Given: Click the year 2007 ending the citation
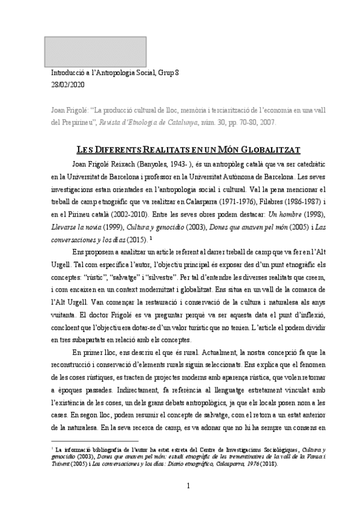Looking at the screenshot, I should point(267,121).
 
